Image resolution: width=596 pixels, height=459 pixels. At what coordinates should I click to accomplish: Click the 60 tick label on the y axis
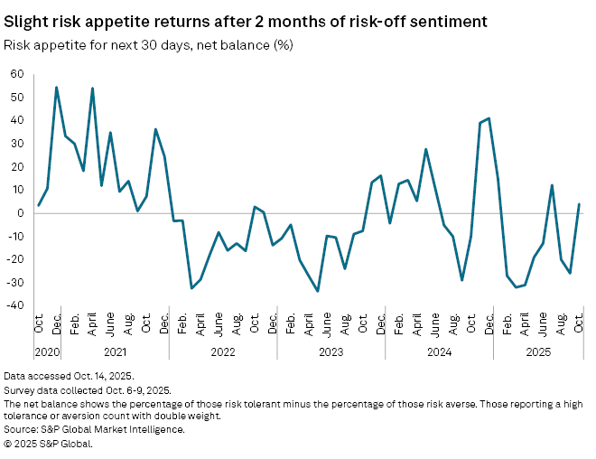(16, 73)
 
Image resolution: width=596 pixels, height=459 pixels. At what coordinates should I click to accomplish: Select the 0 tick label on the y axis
(20, 213)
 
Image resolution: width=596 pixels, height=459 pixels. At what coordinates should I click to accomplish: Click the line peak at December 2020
(56, 88)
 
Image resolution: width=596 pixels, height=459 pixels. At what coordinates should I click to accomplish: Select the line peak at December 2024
(489, 118)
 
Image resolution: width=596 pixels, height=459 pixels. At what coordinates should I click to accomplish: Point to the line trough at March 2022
(191, 288)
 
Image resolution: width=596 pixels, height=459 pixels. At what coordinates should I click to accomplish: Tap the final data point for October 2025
(579, 204)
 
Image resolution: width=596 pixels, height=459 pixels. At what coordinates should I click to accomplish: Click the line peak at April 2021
(92, 89)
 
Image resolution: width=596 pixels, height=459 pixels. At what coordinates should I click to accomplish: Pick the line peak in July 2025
(552, 185)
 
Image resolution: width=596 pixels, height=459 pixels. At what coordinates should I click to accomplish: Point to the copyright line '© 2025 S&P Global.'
(48, 443)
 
